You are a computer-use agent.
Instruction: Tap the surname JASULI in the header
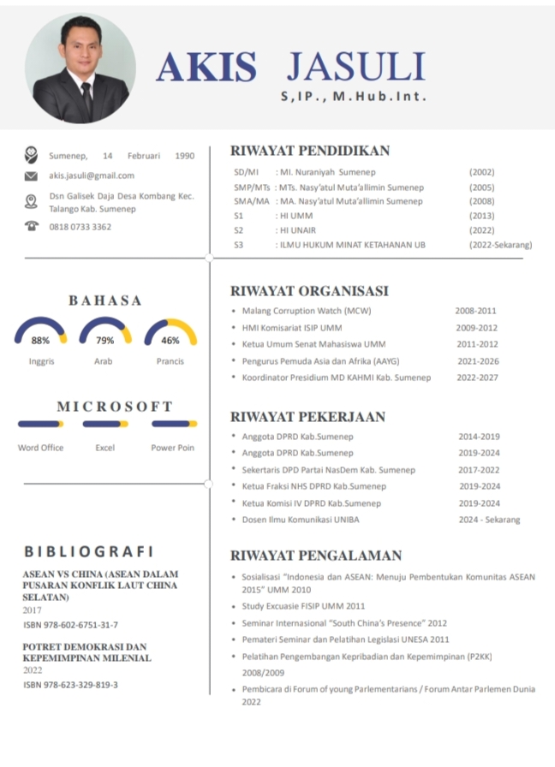pyautogui.click(x=355, y=67)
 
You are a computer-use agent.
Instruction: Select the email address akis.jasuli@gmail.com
pyautogui.click(x=92, y=175)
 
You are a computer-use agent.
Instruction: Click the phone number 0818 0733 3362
pyautogui.click(x=81, y=227)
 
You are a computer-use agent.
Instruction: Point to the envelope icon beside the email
pyautogui.click(x=31, y=176)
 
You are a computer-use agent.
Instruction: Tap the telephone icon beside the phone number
pyautogui.click(x=32, y=226)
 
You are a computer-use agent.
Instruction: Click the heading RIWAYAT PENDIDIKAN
pyautogui.click(x=310, y=151)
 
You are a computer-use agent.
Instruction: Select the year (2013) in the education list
pyautogui.click(x=481, y=217)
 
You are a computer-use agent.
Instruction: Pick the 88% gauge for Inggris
pyautogui.click(x=41, y=333)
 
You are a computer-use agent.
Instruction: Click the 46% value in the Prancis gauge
pyautogui.click(x=170, y=341)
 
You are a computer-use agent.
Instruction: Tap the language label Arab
pyautogui.click(x=104, y=361)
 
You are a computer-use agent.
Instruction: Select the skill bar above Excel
pyautogui.click(x=104, y=424)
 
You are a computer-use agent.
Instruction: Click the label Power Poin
pyautogui.click(x=172, y=448)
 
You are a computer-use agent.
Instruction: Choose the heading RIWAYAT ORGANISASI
pyautogui.click(x=309, y=291)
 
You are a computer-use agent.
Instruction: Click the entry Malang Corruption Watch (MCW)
pyautogui.click(x=306, y=311)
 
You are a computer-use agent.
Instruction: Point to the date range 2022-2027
pyautogui.click(x=477, y=378)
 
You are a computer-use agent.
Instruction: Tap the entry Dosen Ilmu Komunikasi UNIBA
pyautogui.click(x=301, y=520)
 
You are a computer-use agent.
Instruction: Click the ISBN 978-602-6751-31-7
pyautogui.click(x=70, y=625)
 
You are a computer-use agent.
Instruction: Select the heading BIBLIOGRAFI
pyautogui.click(x=89, y=551)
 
